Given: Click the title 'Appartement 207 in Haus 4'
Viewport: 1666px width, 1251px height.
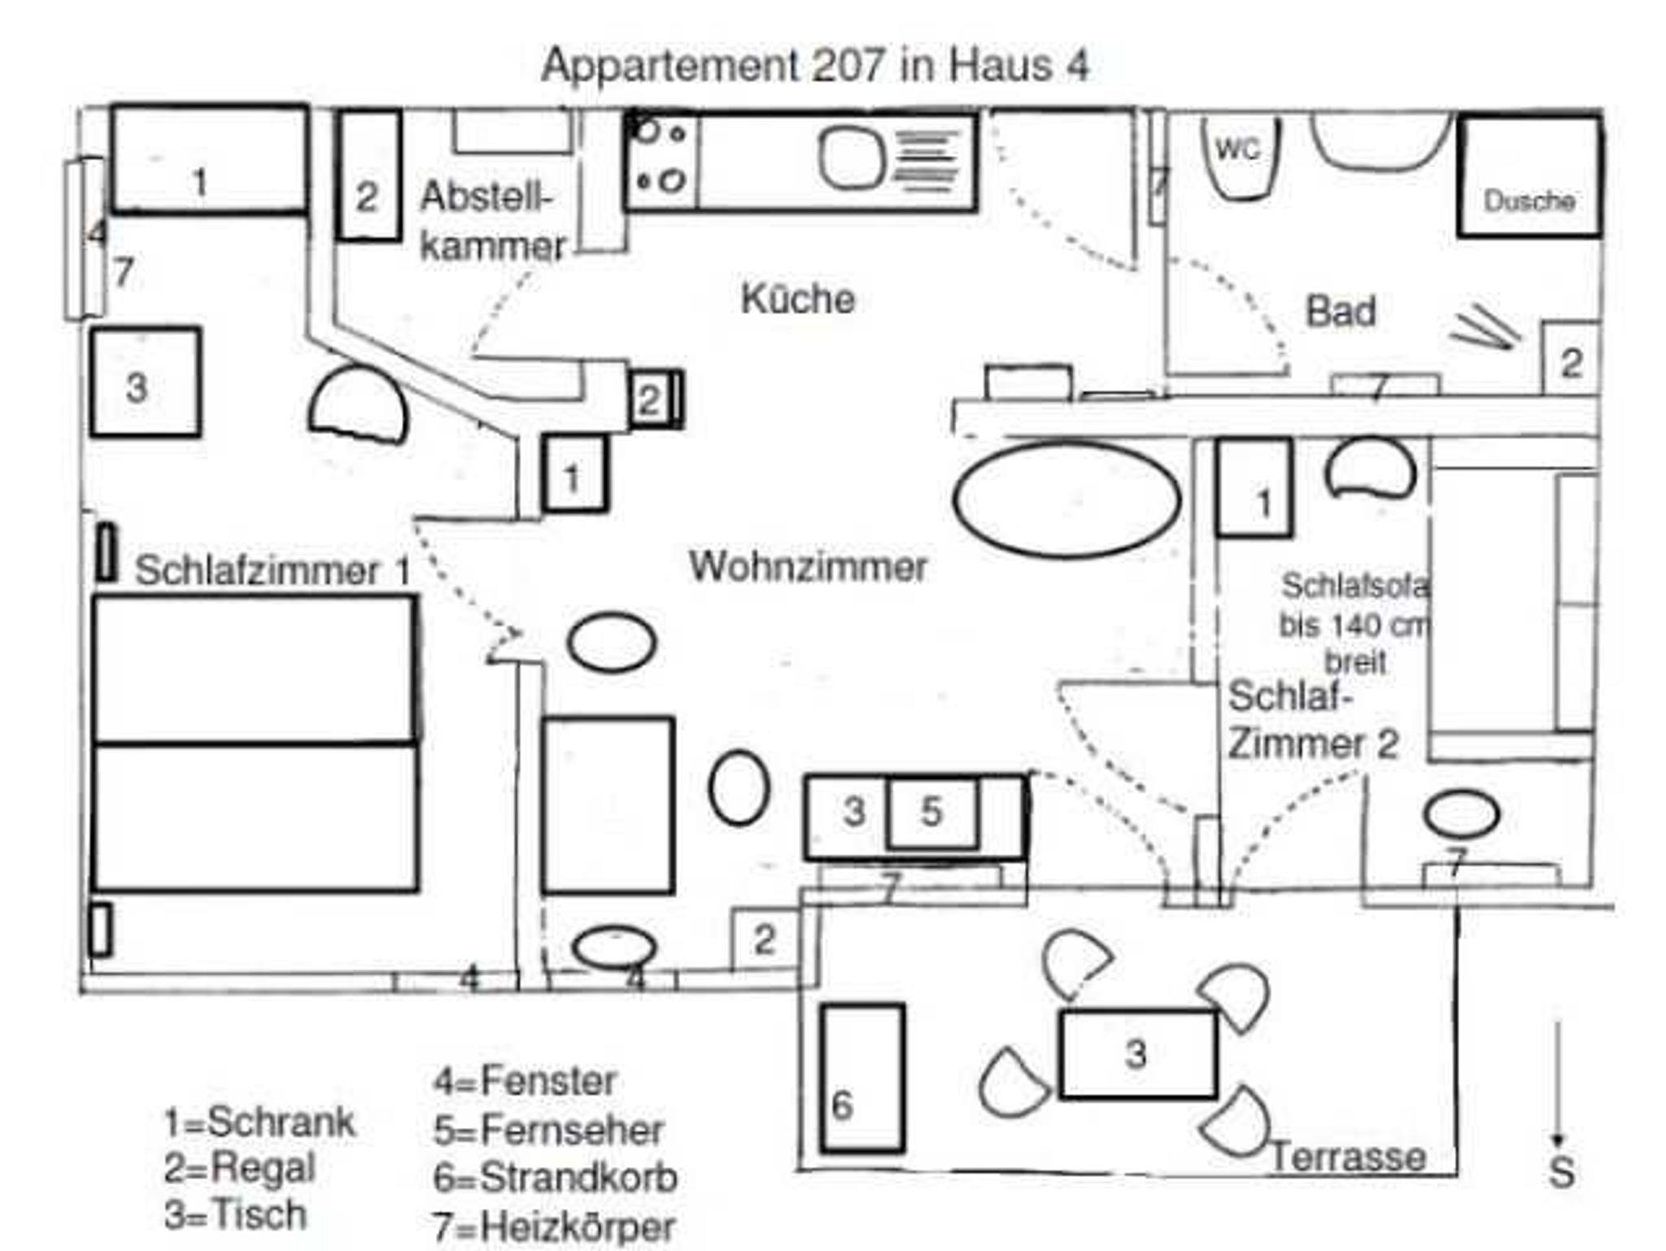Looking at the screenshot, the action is [x=814, y=65].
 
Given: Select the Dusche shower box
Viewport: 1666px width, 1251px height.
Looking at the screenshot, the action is [x=1529, y=177].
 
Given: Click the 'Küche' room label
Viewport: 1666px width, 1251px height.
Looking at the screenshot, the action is [x=797, y=299].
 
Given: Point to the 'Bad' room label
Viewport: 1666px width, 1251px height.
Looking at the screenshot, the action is [x=1341, y=311].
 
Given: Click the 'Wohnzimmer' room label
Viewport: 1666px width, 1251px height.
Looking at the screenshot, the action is [x=808, y=566].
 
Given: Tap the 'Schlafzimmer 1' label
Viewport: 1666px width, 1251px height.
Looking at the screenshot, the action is [x=273, y=569].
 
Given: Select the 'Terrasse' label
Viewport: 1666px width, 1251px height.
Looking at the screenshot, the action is [x=1349, y=1157].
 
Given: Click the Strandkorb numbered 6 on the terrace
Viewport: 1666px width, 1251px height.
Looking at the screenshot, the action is [x=862, y=1078].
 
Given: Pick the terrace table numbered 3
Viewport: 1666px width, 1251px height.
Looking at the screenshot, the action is [x=1138, y=1053].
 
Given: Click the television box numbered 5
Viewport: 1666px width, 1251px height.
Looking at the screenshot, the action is [x=932, y=813].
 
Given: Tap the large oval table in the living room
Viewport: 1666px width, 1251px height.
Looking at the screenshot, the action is [x=1066, y=499].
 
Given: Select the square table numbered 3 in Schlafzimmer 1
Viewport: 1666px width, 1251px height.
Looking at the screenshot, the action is [x=146, y=381].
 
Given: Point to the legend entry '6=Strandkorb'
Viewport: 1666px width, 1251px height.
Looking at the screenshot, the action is [x=556, y=1178].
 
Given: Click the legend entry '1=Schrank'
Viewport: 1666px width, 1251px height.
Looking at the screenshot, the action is [x=259, y=1122].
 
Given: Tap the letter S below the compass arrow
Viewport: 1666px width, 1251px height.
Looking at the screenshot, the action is [x=1561, y=1172].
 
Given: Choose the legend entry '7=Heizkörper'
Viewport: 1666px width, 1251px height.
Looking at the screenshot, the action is [x=554, y=1227].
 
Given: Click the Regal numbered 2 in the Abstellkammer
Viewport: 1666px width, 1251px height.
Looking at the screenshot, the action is [x=369, y=175].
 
